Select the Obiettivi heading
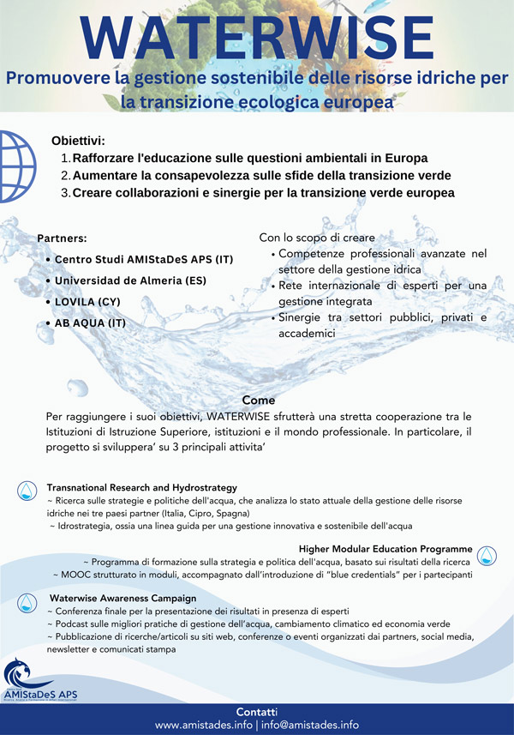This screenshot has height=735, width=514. (78, 141)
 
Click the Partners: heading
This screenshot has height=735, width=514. (63, 238)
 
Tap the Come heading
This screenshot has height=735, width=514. (259, 400)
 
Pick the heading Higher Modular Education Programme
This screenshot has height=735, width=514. (385, 548)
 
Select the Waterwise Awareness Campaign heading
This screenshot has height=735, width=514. (123, 597)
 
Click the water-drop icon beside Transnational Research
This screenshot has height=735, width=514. (27, 490)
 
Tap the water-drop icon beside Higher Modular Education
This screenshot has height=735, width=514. (487, 554)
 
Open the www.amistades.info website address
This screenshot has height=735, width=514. (203, 725)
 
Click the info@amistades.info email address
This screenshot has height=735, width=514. (310, 725)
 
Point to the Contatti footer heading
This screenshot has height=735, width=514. (257, 712)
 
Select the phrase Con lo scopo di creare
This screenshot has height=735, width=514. (317, 237)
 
